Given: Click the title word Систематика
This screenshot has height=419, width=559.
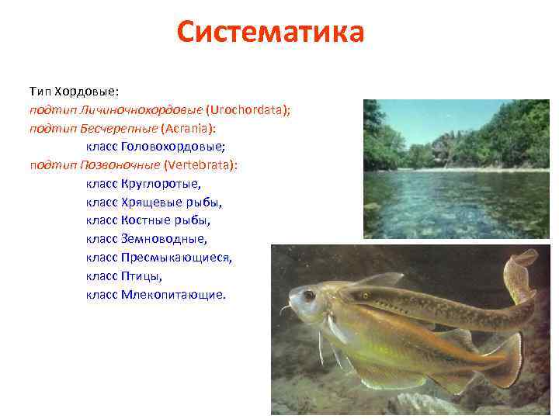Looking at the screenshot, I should pos(269,33).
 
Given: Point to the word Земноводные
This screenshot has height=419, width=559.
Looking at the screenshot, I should pos(164,239).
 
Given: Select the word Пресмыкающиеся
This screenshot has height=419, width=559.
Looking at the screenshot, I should pos(176,258).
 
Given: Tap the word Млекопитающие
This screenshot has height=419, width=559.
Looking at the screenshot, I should pos(173,295).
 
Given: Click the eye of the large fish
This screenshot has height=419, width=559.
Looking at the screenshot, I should pos(309,296).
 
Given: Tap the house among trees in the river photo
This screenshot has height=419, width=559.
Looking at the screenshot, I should pos(443,147).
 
